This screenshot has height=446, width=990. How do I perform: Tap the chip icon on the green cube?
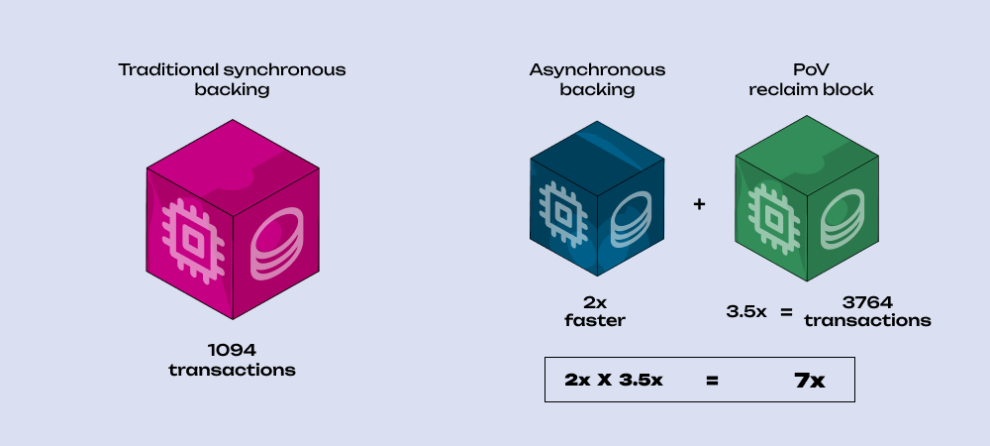(767, 210)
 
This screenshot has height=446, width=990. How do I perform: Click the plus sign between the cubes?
(699, 204)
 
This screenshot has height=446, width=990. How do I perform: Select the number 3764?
(867, 303)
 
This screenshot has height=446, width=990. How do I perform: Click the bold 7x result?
(811, 380)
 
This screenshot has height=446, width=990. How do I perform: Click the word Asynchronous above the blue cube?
(597, 70)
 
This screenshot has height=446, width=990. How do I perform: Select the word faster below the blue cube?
(597, 320)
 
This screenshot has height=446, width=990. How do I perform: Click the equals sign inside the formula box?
(712, 380)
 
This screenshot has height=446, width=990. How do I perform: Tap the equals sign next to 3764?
(786, 312)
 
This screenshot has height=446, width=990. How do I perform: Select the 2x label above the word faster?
(597, 303)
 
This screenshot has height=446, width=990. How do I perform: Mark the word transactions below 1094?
(233, 370)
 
